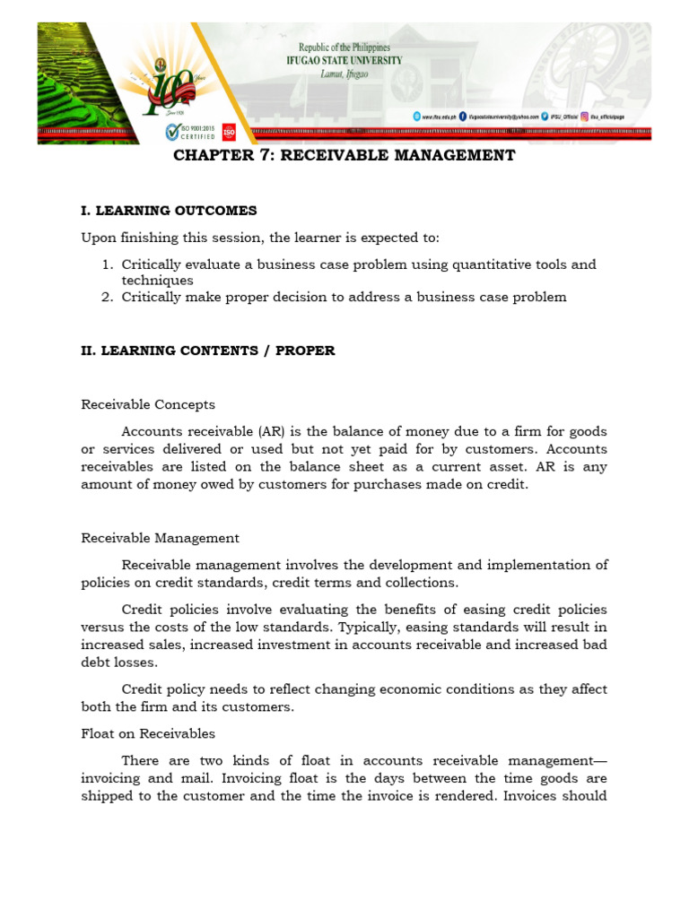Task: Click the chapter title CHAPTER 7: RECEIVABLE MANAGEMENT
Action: pyautogui.click(x=344, y=156)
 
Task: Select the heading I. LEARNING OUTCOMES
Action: pyautogui.click(x=169, y=211)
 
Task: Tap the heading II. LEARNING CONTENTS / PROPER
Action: pyautogui.click(x=208, y=351)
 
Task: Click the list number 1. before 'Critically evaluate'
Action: pyautogui.click(x=107, y=265)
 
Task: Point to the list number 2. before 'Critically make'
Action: pyautogui.click(x=107, y=297)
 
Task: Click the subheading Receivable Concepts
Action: pyautogui.click(x=148, y=404)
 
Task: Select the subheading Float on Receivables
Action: pyautogui.click(x=148, y=733)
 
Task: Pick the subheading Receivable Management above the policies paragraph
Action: pyautogui.click(x=160, y=538)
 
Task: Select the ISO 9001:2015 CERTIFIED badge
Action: pyautogui.click(x=189, y=133)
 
